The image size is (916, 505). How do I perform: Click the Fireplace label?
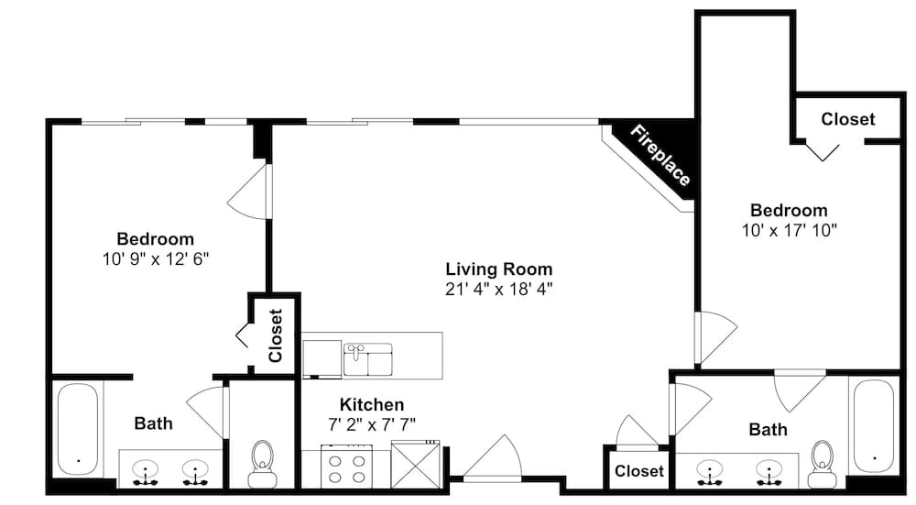[660, 156]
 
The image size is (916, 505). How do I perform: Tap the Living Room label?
[499, 269]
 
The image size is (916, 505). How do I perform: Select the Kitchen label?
[372, 404]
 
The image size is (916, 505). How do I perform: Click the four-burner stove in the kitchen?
[346, 466]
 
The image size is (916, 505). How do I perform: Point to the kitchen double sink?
[368, 359]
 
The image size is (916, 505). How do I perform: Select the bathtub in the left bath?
[78, 430]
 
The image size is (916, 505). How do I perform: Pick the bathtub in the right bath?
[873, 425]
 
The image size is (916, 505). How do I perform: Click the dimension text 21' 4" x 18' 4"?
[499, 289]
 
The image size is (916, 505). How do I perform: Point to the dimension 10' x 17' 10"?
[790, 230]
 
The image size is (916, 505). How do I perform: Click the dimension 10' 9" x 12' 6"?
[156, 259]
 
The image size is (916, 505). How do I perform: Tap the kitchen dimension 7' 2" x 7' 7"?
[372, 424]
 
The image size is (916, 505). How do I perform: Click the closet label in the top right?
[847, 119]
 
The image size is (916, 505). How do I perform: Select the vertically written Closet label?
[275, 335]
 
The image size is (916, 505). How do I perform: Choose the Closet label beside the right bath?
[639, 471]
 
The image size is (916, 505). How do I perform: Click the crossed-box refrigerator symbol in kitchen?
[415, 466]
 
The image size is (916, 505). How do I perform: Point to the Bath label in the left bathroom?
[154, 423]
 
